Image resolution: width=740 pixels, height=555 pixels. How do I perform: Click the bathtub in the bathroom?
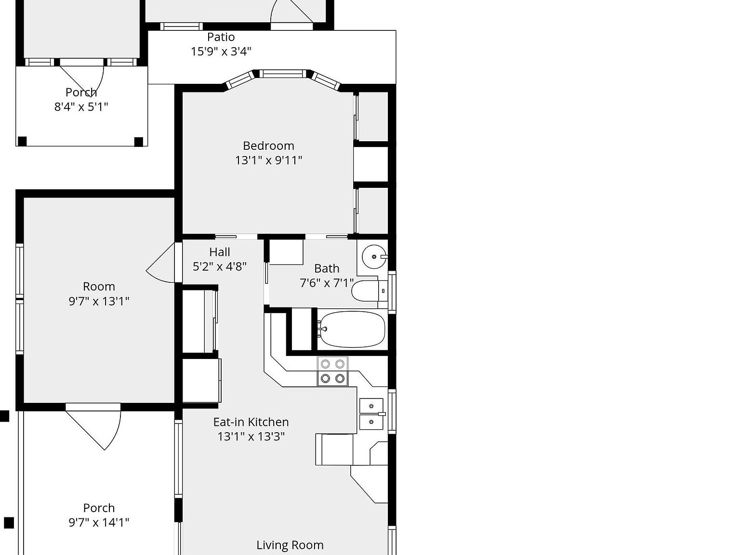point(352,330)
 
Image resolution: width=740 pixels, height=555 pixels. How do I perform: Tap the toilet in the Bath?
point(366,291)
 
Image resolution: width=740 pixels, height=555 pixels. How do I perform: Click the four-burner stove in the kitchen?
point(332,371)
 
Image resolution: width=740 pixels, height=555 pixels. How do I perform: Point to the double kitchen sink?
point(371,414)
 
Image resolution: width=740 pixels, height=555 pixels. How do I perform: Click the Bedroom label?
point(268,146)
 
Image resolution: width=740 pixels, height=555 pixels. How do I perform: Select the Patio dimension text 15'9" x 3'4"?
point(221,52)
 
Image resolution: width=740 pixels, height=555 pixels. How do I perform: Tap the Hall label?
point(220,252)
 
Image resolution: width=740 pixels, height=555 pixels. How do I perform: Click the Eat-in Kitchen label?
point(251,422)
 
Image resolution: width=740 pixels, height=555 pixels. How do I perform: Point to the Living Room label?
point(290,545)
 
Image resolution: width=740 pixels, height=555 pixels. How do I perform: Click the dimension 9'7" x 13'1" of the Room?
point(99,301)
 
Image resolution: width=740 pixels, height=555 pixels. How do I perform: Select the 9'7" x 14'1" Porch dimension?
point(99,522)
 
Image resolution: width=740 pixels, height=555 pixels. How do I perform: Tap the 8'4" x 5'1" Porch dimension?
point(81,106)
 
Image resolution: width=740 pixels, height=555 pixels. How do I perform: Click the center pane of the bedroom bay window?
point(283,74)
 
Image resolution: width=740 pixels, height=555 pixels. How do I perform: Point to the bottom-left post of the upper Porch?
point(22,141)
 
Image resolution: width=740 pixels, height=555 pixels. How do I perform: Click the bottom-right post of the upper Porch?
point(139,141)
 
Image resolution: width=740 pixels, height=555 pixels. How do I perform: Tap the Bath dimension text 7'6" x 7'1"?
point(327,283)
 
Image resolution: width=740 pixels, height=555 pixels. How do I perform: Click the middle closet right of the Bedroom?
point(371,164)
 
